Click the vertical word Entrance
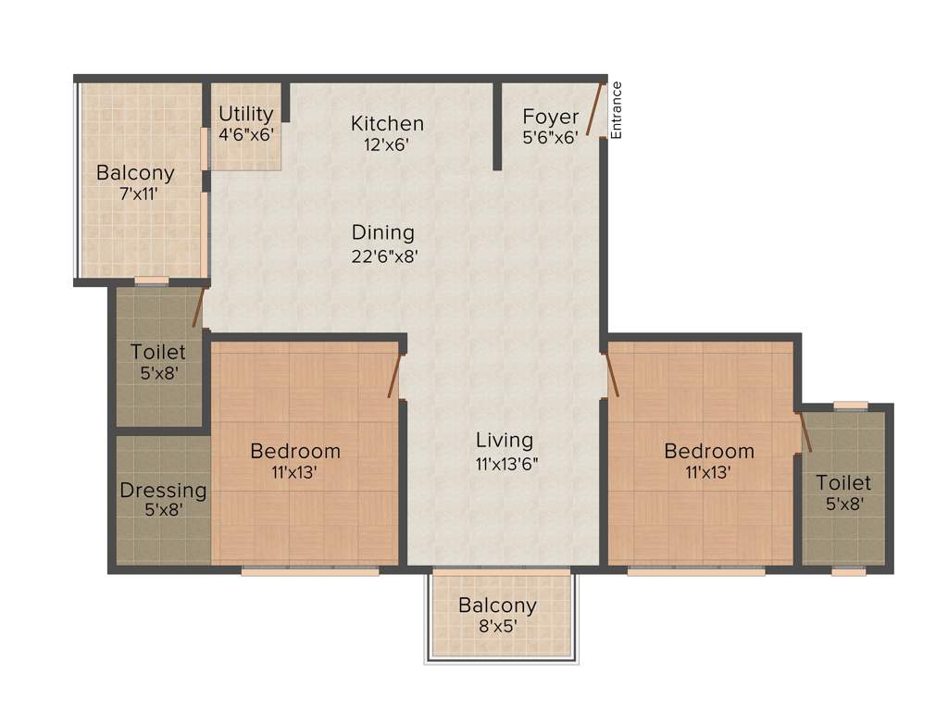pyautogui.click(x=617, y=110)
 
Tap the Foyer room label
pyautogui.click(x=551, y=117)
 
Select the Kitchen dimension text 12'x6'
pyautogui.click(x=387, y=144)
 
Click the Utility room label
pyautogui.click(x=246, y=114)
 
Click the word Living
pyautogui.click(x=505, y=440)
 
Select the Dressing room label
pyautogui.click(x=163, y=491)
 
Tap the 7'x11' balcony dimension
pyautogui.click(x=135, y=194)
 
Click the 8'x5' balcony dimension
pyautogui.click(x=497, y=626)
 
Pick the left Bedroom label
pyautogui.click(x=295, y=451)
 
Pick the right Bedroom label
pyautogui.click(x=709, y=451)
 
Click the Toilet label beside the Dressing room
pyautogui.click(x=158, y=352)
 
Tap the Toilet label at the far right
pyautogui.click(x=843, y=482)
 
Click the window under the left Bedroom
pyautogui.click(x=310, y=572)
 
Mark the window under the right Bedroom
pyautogui.click(x=696, y=572)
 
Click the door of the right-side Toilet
pyautogui.click(x=805, y=432)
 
